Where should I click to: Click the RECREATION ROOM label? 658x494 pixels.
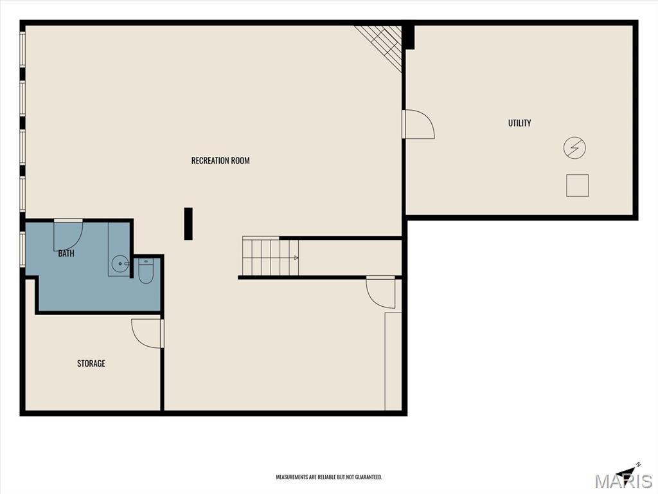click(220, 160)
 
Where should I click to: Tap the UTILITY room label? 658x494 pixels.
click(519, 123)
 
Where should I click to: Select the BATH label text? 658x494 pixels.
click(66, 253)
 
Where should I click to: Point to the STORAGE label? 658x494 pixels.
click(91, 363)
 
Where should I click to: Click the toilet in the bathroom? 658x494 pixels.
click(146, 271)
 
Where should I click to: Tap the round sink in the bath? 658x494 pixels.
click(120, 264)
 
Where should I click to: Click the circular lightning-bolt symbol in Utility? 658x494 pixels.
click(574, 148)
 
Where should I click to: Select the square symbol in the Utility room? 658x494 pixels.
click(578, 185)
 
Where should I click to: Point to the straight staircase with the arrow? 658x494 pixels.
click(271, 256)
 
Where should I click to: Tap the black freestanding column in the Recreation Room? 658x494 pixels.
click(188, 224)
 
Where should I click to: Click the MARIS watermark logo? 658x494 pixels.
click(623, 481)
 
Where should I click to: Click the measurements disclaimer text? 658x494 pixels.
click(329, 477)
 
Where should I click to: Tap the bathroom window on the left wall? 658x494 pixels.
click(22, 249)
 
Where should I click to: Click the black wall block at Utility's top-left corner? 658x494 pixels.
click(409, 37)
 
